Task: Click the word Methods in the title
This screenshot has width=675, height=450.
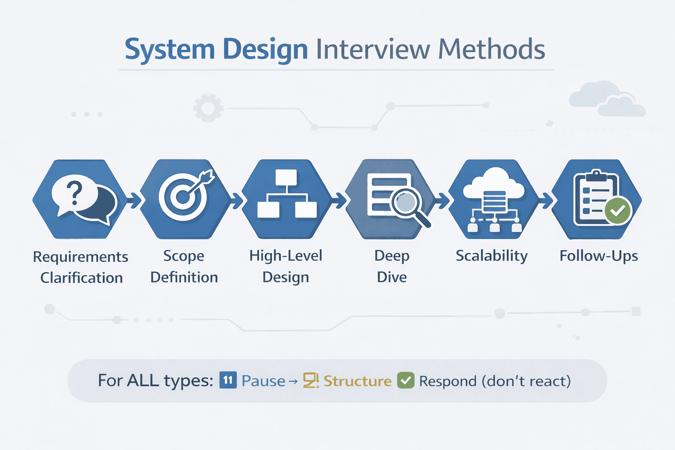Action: pos(492,49)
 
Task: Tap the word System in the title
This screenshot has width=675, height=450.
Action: pos(169,50)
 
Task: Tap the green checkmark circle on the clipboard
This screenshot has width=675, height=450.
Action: pos(617,211)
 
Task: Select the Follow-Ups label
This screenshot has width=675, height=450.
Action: pos(599,256)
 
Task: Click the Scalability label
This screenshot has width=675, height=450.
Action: pos(491,256)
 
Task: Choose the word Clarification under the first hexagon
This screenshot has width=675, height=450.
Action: pos(81,278)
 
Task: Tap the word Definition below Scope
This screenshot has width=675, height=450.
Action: pos(184,277)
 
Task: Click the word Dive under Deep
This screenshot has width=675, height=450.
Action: pos(392,277)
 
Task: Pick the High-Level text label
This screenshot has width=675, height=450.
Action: pos(286,256)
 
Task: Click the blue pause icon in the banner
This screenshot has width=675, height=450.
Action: pos(228,380)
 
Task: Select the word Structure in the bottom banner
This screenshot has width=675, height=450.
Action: pos(357,381)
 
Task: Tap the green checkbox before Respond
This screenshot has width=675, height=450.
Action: pos(406,381)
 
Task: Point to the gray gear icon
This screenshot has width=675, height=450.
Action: pos(208,108)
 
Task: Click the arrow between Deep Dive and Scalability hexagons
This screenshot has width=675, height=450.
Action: pos(442,200)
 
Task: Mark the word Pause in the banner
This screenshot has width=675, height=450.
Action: pos(263,381)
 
